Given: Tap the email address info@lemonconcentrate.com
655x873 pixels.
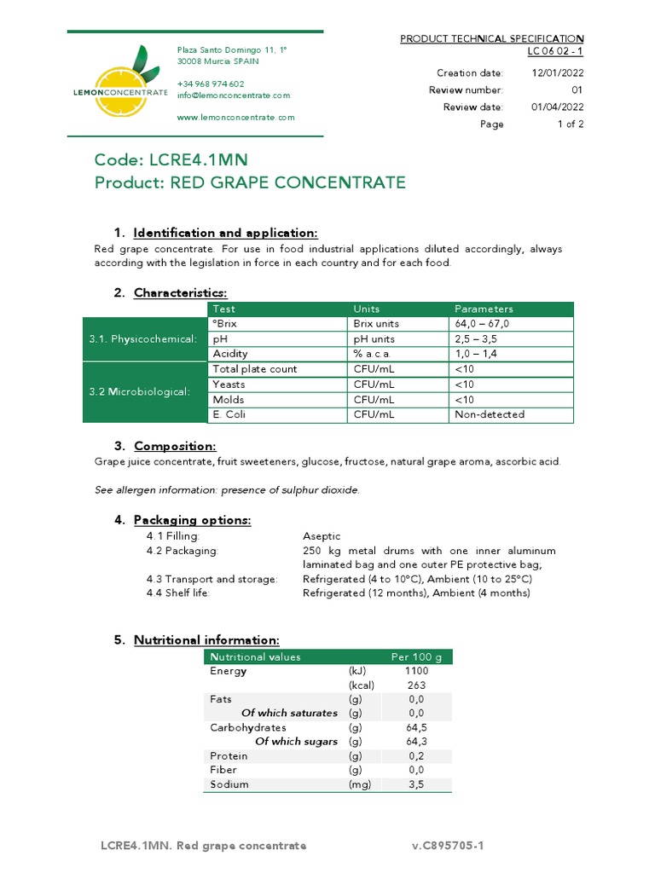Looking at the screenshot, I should tap(233, 95).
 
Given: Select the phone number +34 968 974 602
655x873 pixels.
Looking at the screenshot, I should tap(210, 84).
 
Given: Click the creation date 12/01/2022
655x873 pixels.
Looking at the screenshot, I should tap(558, 73).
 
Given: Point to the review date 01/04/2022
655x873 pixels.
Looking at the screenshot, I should tap(558, 107).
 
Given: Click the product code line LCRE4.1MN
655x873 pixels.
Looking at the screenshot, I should tap(171, 160).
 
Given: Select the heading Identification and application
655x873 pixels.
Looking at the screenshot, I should tap(225, 234).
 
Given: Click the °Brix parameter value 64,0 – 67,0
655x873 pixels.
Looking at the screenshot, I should tap(483, 324).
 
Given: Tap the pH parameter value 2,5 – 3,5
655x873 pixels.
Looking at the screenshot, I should tap(476, 339).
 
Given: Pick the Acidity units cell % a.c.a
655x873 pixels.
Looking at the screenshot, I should tap(373, 354).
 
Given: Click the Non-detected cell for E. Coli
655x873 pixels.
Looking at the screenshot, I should tap(490, 414).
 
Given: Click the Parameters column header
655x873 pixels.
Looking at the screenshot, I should tap(484, 309).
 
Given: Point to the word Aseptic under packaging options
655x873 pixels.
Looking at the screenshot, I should tap(322, 536).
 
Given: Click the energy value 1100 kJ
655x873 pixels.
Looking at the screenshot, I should tap(416, 671).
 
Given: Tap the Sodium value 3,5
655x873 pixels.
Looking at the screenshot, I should tap(416, 784).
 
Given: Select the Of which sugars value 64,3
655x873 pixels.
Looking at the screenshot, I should tap(416, 742).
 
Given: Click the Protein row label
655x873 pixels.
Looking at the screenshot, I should tap(229, 756).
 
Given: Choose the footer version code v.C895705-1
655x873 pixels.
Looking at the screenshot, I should tap(448, 846).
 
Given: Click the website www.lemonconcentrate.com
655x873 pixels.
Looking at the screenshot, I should tap(235, 118).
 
